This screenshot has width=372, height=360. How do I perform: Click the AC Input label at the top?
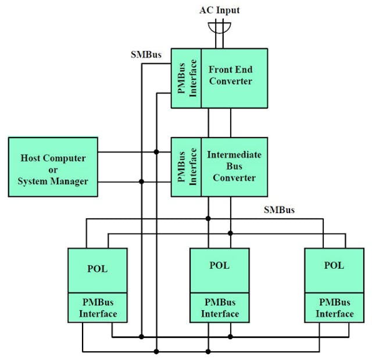[x=219, y=10]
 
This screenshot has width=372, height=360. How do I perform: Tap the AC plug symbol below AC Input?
[x=219, y=27]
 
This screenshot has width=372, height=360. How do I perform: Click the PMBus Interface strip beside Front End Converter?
[x=186, y=78]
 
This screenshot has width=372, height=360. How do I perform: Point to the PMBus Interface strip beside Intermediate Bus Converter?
[x=186, y=167]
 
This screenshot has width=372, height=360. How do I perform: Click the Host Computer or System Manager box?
[x=53, y=167]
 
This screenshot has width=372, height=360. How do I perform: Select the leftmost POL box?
[x=97, y=271]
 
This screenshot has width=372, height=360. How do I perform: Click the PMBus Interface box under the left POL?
[x=97, y=308]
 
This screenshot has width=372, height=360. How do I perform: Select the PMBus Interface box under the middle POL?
[x=220, y=308]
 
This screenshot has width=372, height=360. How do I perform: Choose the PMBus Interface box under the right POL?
[x=334, y=308]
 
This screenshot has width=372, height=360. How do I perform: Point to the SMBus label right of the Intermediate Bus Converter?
[x=279, y=210]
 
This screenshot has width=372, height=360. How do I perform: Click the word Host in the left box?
[x=32, y=158]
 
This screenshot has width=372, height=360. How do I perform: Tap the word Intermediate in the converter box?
[x=234, y=155]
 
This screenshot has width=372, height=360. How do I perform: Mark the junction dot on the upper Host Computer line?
[x=156, y=153]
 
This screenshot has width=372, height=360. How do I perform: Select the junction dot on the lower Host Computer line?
[x=141, y=182]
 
